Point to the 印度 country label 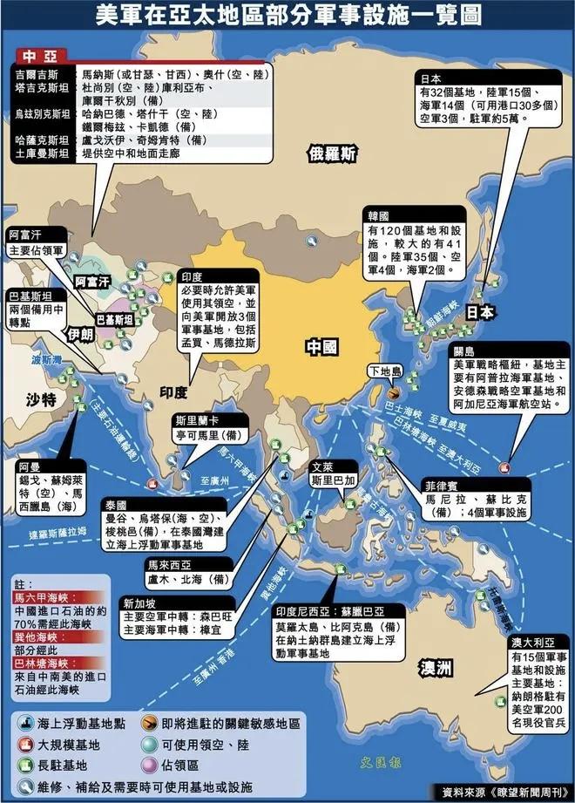pos(173,391)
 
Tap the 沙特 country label pos(40,399)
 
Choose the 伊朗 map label pos(80,335)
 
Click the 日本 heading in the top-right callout pos(432,77)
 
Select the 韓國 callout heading pos(379,214)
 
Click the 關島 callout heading pos(463,351)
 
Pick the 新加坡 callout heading pos(139,603)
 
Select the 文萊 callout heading pos(322,466)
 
